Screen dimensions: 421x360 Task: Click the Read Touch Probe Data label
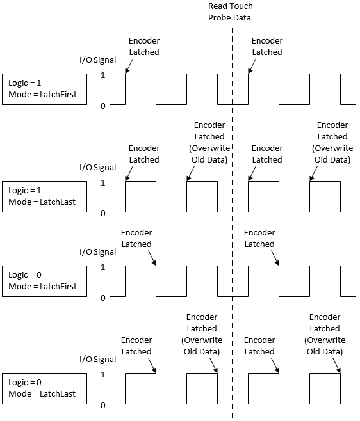(x=230, y=12)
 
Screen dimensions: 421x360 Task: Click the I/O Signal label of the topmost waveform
(x=97, y=60)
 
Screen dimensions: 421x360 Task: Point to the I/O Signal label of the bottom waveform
(x=97, y=360)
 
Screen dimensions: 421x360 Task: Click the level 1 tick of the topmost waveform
(x=102, y=75)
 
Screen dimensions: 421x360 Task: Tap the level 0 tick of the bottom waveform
(x=102, y=405)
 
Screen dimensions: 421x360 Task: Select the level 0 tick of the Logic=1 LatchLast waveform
(x=102, y=213)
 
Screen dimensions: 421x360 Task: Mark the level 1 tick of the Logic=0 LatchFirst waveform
(x=102, y=267)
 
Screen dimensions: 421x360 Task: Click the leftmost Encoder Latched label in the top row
(x=144, y=46)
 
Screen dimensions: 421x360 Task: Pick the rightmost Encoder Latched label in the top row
(x=267, y=46)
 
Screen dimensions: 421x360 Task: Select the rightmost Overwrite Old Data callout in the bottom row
(x=325, y=334)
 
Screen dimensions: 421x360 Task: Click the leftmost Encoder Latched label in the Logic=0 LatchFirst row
(x=136, y=238)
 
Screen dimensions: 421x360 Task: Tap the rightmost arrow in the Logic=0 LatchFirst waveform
(x=274, y=257)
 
